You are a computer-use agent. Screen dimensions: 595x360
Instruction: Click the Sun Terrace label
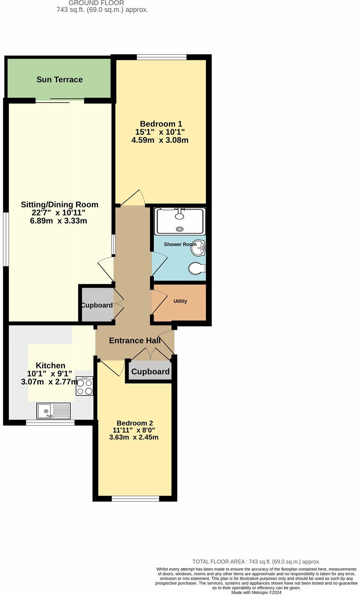(59, 80)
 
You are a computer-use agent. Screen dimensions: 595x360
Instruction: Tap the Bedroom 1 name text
(161, 124)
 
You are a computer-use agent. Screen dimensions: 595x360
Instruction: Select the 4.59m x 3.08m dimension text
(160, 140)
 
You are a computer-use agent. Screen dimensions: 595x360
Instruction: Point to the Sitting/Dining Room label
(59, 205)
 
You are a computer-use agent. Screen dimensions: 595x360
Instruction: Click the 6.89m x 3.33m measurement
(58, 221)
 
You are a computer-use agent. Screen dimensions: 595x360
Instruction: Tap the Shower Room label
(180, 244)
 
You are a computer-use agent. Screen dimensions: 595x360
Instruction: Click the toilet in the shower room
(197, 268)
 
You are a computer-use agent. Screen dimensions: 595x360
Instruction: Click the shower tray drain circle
(180, 229)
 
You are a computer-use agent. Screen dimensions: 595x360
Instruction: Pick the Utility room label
(180, 301)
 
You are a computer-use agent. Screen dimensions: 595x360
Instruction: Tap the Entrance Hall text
(135, 341)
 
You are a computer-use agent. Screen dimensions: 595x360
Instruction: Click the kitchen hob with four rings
(84, 386)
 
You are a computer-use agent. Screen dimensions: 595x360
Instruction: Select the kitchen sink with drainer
(53, 411)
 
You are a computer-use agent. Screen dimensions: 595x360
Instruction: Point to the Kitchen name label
(51, 365)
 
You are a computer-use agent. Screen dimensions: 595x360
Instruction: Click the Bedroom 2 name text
(135, 423)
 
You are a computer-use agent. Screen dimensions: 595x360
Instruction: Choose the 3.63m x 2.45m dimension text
(134, 437)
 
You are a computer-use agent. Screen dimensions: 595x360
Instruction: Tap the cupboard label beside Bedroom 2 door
(150, 371)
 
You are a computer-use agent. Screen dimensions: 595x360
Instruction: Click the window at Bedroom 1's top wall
(162, 57)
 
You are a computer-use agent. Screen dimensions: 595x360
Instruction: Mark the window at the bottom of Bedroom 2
(135, 499)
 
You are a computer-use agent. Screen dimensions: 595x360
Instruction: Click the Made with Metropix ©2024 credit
(256, 592)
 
